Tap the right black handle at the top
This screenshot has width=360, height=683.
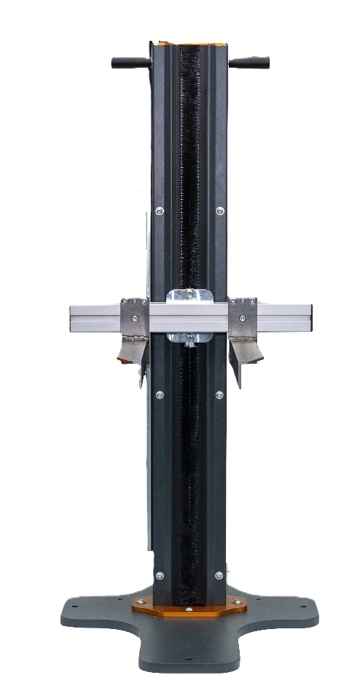(x=251, y=63)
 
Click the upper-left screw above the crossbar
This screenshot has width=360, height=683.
(x=160, y=211)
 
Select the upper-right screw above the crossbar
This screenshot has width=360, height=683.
(x=220, y=211)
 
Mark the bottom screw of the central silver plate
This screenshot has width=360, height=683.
(x=189, y=337)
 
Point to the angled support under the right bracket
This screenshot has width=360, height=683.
(x=250, y=354)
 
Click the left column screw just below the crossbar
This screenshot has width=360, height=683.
(x=160, y=394)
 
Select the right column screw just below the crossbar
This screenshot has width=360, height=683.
(x=220, y=394)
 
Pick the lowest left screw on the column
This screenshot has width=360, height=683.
(x=160, y=576)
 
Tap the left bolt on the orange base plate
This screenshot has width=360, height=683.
(x=141, y=604)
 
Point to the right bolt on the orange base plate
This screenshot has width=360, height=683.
(x=236, y=604)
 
